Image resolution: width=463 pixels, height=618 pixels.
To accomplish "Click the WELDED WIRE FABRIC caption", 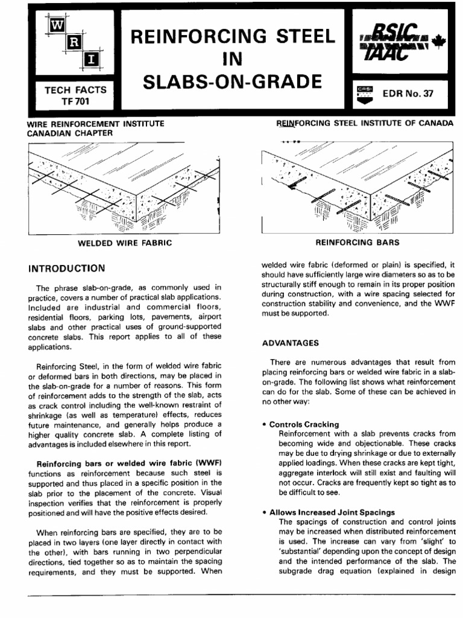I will point(125,243).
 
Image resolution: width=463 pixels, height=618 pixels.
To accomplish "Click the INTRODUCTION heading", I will point(67,267).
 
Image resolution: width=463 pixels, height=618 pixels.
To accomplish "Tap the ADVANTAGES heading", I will point(291,343).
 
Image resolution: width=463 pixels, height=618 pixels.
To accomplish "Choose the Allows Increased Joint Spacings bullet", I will point(329,512).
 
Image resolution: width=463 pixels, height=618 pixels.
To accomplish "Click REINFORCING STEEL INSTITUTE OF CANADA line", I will point(364,124).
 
